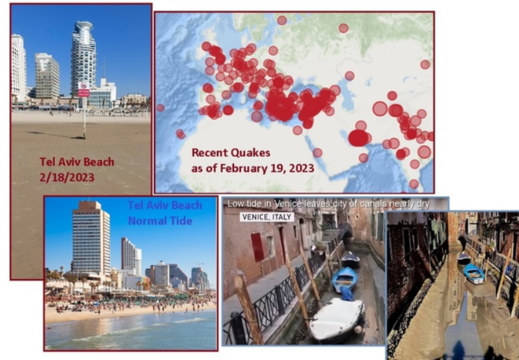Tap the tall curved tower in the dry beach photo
pos(84,59)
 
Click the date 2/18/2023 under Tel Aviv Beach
pos(67,177)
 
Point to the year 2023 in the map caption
pos(301,168)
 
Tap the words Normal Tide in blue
pos(160,221)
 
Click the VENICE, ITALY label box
pos(267,217)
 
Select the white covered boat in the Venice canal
pos(336,319)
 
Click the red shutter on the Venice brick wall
pos(257,247)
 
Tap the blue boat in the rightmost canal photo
pos(474,274)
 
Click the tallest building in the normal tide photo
pos(90,239)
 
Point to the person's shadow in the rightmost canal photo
pos(459,351)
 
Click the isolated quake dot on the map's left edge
pos(160,107)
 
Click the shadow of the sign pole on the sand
pos(55,135)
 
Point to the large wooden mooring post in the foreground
pos(245,309)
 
